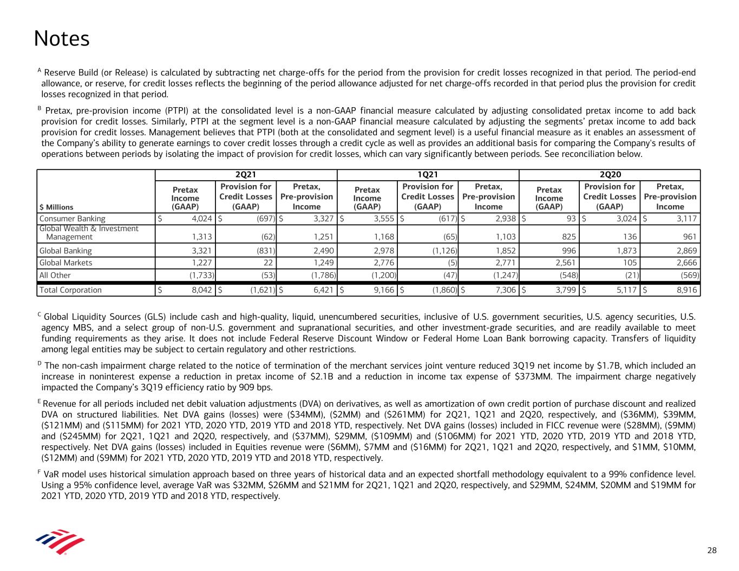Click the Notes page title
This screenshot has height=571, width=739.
click(x=61, y=39)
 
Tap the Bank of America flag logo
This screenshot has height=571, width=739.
click(x=60, y=541)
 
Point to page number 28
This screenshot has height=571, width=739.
click(x=712, y=550)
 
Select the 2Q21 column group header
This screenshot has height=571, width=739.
click(x=246, y=175)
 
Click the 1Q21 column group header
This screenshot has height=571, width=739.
click(x=428, y=175)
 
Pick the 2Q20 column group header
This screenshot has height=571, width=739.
click(x=610, y=175)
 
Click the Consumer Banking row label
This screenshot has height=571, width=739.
click(x=73, y=219)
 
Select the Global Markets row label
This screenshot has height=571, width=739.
click(x=66, y=262)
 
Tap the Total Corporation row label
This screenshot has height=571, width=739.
click(x=70, y=290)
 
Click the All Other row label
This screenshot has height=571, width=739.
click(x=55, y=275)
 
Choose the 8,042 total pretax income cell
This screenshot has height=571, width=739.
click(x=201, y=290)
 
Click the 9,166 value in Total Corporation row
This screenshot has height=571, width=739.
click(x=383, y=290)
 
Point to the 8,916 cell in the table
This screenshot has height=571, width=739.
click(x=686, y=290)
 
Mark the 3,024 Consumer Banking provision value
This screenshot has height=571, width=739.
click(x=626, y=219)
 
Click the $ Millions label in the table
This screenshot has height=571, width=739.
click(x=56, y=207)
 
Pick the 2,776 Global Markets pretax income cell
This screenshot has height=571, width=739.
click(x=383, y=262)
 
